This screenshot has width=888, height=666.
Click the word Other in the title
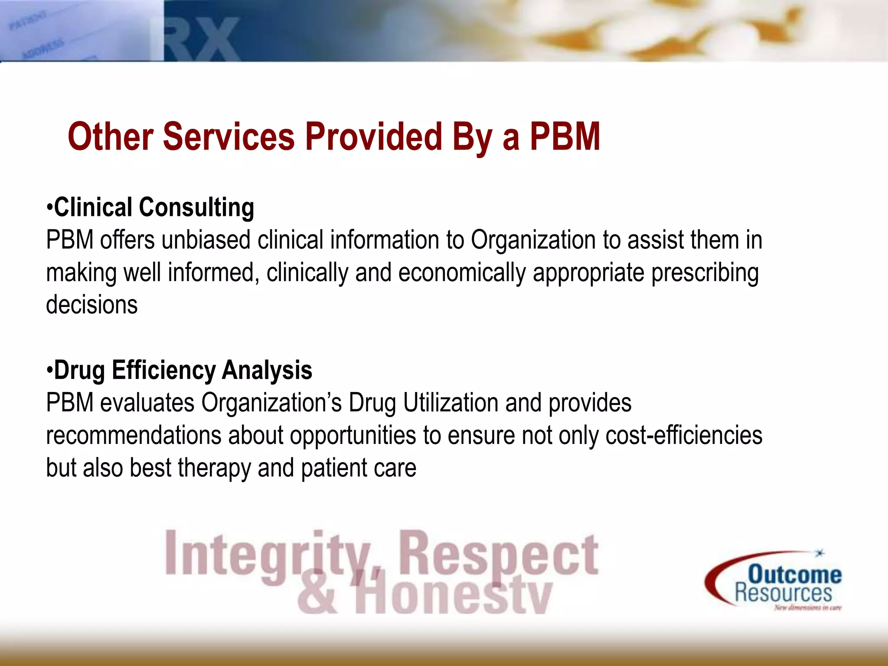[110, 137]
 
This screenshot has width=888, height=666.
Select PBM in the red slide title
[565, 137]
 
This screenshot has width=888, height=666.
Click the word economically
[462, 273]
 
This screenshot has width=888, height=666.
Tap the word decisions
[92, 305]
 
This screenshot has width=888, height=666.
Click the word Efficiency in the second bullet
[163, 371]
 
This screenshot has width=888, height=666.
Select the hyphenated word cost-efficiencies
[684, 435]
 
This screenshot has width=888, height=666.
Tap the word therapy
[214, 468]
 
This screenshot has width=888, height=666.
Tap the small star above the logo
[819, 553]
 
